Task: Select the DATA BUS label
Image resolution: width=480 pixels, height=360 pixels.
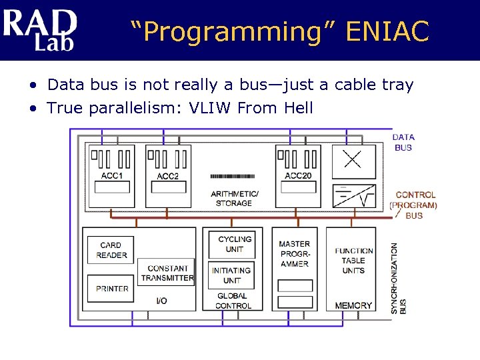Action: [x=403, y=142]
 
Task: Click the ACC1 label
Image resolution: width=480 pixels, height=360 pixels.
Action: [x=111, y=176]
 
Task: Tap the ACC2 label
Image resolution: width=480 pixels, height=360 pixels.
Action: [x=168, y=176]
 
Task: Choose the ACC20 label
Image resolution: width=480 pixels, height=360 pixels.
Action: [x=298, y=176]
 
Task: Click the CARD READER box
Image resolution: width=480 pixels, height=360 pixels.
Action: [x=111, y=250]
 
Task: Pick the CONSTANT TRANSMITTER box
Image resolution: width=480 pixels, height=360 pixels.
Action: [x=167, y=273]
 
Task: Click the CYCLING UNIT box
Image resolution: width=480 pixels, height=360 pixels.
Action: [x=234, y=244]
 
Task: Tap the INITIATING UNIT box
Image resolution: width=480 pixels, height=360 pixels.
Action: [x=231, y=275]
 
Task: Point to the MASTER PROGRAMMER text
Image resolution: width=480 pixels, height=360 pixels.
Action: [x=294, y=253]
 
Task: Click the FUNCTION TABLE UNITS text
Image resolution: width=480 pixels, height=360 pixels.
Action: [x=353, y=261]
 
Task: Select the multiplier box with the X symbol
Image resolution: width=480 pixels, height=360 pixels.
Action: [x=354, y=161]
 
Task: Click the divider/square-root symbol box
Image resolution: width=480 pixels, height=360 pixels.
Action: [x=354, y=196]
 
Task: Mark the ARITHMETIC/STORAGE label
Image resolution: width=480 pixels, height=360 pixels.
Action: [x=234, y=198]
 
